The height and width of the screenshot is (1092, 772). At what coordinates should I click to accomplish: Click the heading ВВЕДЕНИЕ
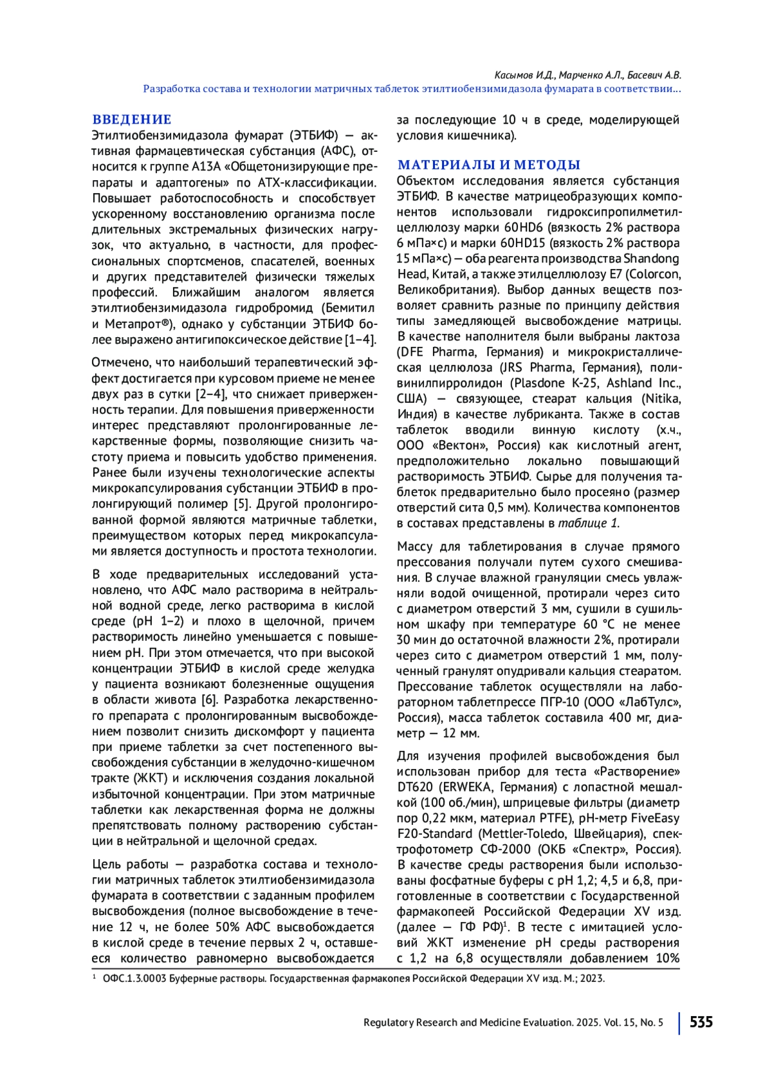pos(132,120)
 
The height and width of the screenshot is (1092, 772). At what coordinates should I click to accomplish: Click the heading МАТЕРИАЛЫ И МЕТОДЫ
pos(489,165)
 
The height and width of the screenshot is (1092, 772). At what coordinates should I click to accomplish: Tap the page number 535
pos(701,1023)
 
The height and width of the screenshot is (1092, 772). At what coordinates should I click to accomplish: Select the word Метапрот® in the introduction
pos(138,324)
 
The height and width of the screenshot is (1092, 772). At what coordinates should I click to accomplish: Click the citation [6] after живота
pos(210,700)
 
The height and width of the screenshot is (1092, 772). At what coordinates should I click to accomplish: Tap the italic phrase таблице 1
pos(588,523)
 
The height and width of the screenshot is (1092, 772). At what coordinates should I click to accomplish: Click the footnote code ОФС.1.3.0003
pos(134,979)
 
